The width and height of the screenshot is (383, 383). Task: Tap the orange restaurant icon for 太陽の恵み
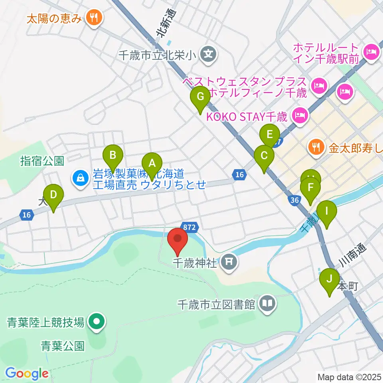pyautogui.click(x=95, y=18)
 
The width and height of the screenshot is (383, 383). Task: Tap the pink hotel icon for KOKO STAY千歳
pyautogui.click(x=300, y=116)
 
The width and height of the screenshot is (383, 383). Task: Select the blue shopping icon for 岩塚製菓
pyautogui.click(x=81, y=178)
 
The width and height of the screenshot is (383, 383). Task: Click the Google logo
pyautogui.click(x=27, y=373)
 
